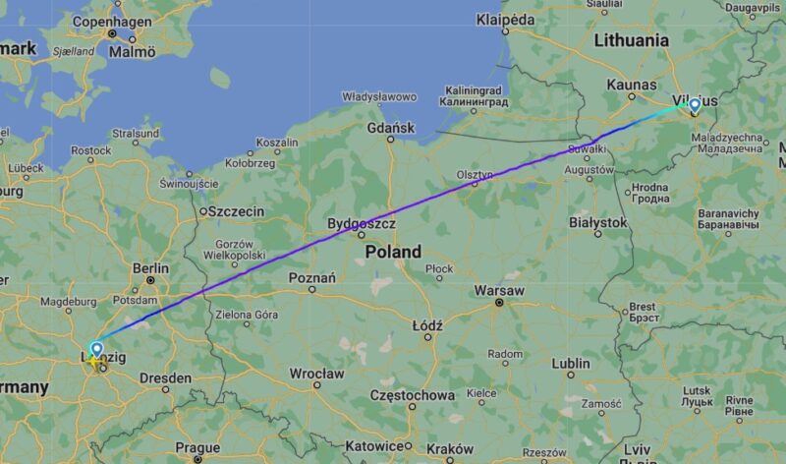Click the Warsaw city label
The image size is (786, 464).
499,291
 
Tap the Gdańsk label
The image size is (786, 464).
391,128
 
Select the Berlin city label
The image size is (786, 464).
150,267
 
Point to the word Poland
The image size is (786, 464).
393,252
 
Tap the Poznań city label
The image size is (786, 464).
312,278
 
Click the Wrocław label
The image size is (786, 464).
316,374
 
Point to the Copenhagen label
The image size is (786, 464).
112,21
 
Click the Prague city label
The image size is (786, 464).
197,447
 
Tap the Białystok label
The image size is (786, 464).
597,222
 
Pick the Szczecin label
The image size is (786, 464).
236,210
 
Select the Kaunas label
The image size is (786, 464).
631,86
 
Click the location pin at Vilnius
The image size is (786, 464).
695,105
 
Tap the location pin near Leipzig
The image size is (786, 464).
96,349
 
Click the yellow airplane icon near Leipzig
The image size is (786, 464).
96,362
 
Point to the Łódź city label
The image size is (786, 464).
427,325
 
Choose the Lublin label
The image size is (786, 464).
570,363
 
